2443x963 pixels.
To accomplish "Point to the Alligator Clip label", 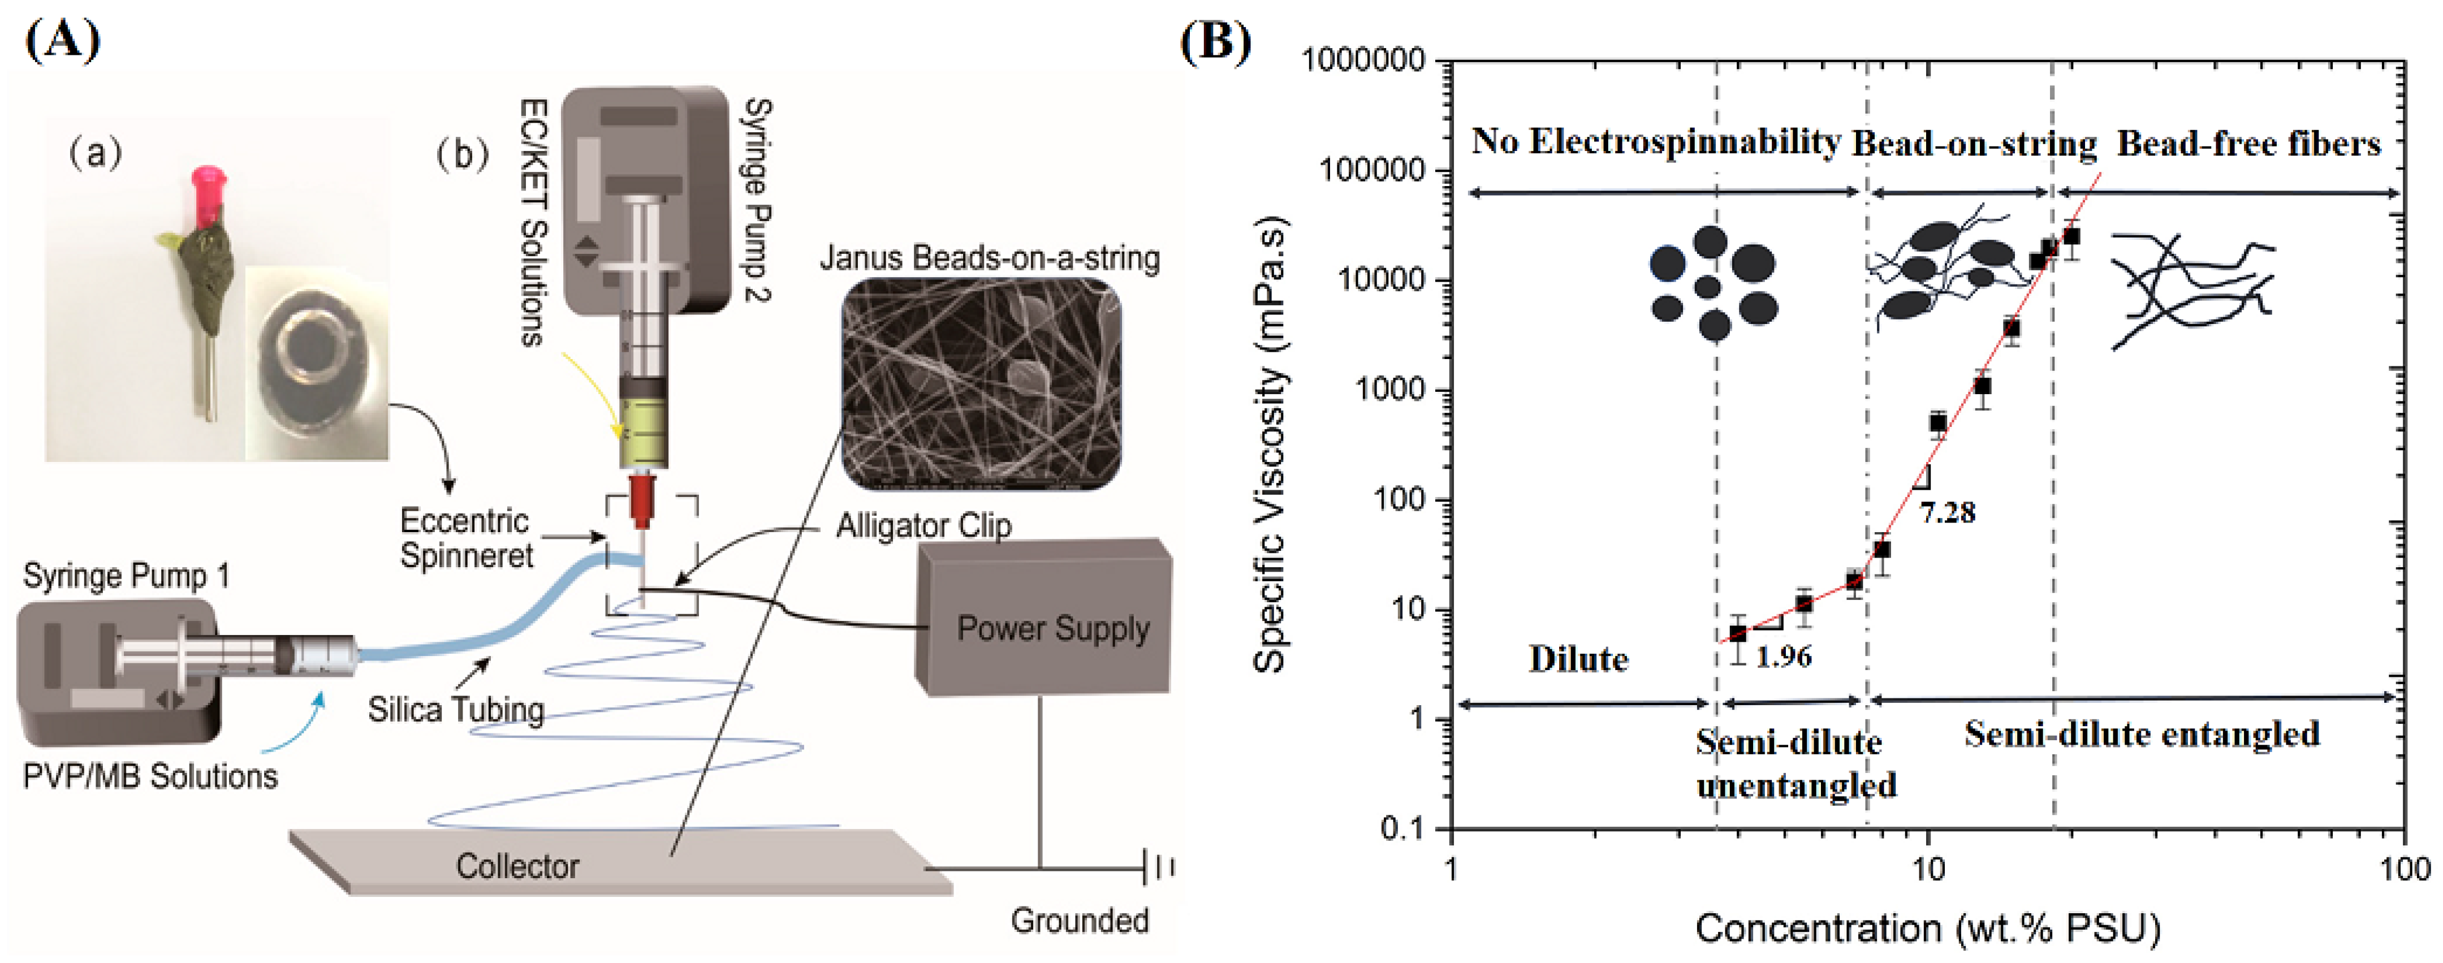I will point(923,525).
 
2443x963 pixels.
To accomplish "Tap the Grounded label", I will point(1079,919).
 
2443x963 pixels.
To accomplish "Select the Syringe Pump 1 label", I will point(126,576).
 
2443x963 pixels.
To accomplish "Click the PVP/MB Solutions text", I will point(150,776).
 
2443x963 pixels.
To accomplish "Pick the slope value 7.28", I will point(1947,512).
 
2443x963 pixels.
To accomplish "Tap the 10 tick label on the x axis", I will point(1927,867).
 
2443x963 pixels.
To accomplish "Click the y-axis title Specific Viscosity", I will point(1271,446).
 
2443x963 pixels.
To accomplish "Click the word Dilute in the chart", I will point(1578,658).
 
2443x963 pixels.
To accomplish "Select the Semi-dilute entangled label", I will point(2142,733).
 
